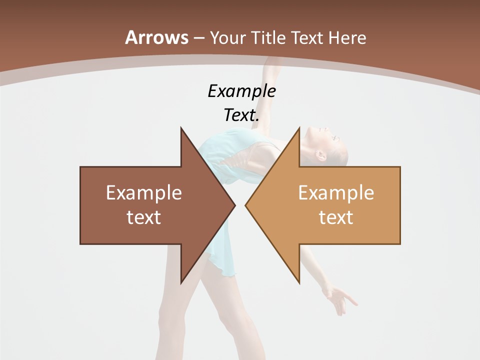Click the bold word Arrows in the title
click(x=157, y=37)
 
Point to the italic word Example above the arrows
click(x=242, y=91)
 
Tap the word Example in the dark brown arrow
click(x=144, y=193)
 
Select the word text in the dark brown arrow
click(x=144, y=217)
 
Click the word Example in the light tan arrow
click(x=336, y=193)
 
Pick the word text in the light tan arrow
click(x=336, y=217)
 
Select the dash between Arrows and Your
click(x=198, y=38)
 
